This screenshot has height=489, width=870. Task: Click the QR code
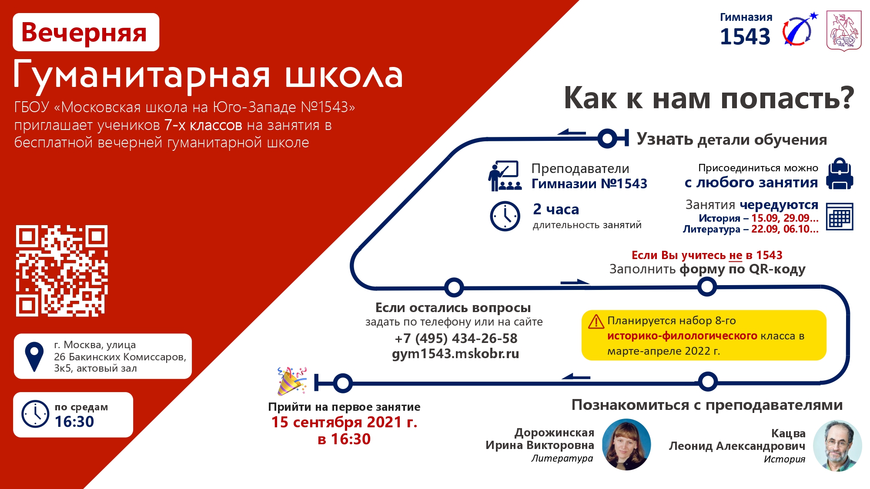tap(62, 271)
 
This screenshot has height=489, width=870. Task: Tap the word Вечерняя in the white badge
tap(84, 33)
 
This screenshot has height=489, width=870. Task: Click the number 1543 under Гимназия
tap(745, 37)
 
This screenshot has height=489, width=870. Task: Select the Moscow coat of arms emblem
tap(844, 31)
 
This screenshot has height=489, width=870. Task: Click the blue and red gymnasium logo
tap(800, 30)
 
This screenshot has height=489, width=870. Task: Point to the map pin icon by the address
tap(34, 356)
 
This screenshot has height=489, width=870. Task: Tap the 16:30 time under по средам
tap(74, 422)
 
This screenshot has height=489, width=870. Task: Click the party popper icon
tap(292, 381)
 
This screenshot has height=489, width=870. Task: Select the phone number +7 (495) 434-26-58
tap(456, 338)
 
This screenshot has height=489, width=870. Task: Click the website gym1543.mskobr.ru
tap(455, 354)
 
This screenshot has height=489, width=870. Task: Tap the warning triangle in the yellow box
tap(596, 322)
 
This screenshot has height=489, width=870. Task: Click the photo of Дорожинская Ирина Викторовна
tap(626, 444)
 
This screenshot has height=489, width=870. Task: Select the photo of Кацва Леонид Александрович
tap(837, 446)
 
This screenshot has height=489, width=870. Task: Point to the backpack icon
tap(840, 174)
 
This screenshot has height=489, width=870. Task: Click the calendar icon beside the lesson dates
tap(840, 216)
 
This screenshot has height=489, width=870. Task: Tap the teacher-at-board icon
tap(504, 176)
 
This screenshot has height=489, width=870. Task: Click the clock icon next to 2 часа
tap(505, 216)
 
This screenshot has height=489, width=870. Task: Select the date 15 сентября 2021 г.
tap(344, 422)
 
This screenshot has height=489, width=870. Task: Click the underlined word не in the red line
tap(736, 256)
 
